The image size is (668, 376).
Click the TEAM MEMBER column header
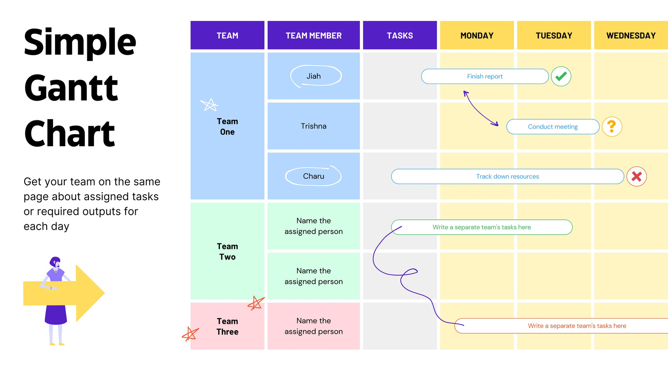pos(314,35)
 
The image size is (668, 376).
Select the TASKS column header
pos(400,35)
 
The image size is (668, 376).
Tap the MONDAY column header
pos(477,35)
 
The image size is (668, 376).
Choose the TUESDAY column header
pos(554,35)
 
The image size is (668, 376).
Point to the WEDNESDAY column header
pos(631,35)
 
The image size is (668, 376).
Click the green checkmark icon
pos(561,76)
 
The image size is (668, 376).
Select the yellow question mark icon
pos(612,127)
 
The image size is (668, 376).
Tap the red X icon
pos(636,176)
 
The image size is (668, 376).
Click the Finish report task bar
pos(485,76)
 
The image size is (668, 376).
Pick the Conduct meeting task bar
pos(553,127)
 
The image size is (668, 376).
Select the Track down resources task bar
pos(507,176)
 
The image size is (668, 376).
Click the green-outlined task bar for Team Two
pos(482,227)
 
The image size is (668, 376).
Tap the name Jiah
pos(314,76)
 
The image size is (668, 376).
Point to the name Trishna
pos(314,126)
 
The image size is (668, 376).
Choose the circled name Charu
pos(314,176)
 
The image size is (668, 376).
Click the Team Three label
pos(227,326)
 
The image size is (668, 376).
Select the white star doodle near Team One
pos(209,105)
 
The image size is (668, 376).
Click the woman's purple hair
pos(55,262)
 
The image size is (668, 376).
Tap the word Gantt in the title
pos(71,88)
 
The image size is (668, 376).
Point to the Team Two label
pos(227,251)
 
